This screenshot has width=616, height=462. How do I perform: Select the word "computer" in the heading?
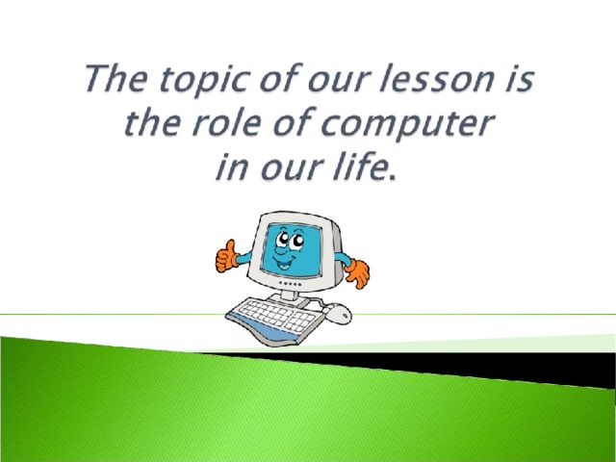[x=406, y=123]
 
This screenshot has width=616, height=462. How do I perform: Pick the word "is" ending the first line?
[x=519, y=79]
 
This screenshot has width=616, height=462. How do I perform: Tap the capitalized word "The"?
[x=116, y=78]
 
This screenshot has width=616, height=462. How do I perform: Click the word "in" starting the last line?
[x=232, y=167]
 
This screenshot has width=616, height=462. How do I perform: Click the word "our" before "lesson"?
[x=338, y=81]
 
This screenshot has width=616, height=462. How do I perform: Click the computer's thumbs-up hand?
[x=226, y=257]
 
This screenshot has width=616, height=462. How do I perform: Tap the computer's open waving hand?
[x=357, y=273]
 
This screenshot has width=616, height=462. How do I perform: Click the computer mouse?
[x=338, y=314]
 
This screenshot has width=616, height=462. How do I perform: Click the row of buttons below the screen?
[x=290, y=284]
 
